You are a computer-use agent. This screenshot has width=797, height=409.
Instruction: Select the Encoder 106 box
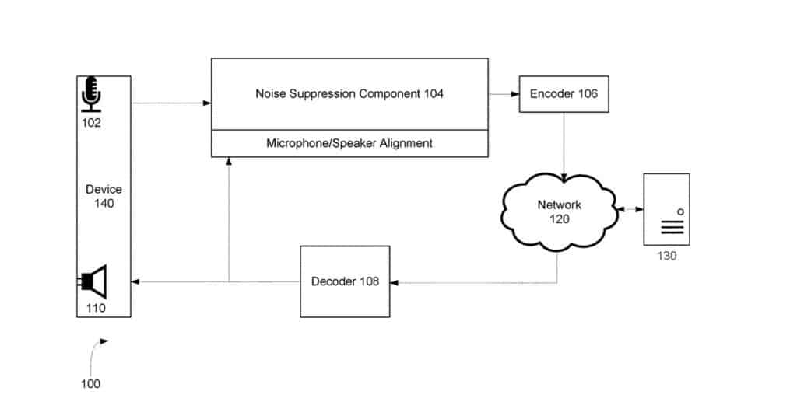click(564, 94)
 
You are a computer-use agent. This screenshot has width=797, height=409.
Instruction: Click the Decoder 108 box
click(345, 281)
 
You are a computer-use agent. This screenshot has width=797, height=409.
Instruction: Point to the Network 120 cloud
click(558, 212)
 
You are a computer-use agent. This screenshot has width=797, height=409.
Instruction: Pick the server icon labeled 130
click(665, 210)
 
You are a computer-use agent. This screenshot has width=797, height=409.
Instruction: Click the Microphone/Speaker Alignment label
click(349, 143)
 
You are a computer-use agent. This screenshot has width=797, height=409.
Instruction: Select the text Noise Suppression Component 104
click(349, 94)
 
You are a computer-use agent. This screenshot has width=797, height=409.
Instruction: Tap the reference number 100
click(90, 383)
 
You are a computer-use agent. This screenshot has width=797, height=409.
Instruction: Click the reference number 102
click(91, 122)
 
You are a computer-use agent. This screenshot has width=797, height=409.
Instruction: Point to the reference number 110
click(96, 308)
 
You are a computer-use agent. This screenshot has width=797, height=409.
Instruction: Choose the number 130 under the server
click(665, 257)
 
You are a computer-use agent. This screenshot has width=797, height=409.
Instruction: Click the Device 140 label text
click(104, 196)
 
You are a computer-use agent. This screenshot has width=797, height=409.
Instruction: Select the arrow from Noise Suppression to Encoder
click(504, 94)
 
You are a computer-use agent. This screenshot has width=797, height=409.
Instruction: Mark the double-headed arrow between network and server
click(627, 209)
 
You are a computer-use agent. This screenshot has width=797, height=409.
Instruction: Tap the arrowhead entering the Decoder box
click(395, 282)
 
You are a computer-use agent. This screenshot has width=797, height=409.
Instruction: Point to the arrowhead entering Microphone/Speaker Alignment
click(229, 162)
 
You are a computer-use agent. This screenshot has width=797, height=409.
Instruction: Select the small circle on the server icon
click(680, 211)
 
